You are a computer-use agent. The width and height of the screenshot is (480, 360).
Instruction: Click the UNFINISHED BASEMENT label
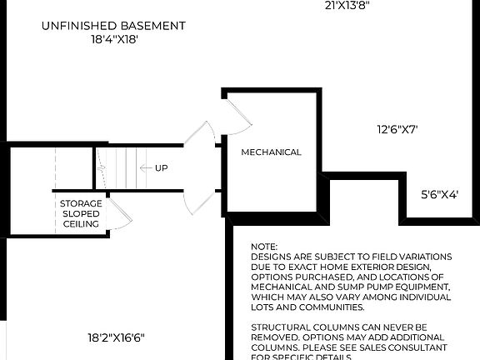click(113, 26)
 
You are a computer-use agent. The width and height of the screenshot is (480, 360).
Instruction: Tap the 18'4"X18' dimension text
click(113, 38)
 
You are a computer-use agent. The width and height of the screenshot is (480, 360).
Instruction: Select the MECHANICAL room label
click(271, 152)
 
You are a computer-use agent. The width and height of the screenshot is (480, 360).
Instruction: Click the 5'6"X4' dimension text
click(439, 193)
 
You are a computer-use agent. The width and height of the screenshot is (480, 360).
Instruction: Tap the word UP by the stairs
click(162, 168)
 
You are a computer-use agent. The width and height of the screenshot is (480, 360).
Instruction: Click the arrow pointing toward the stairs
click(144, 168)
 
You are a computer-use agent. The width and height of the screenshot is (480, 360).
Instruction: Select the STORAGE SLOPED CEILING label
click(81, 213)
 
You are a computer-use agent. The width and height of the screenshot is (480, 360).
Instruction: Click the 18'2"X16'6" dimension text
click(117, 337)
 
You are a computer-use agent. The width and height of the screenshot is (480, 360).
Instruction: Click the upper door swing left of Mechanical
click(201, 138)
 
